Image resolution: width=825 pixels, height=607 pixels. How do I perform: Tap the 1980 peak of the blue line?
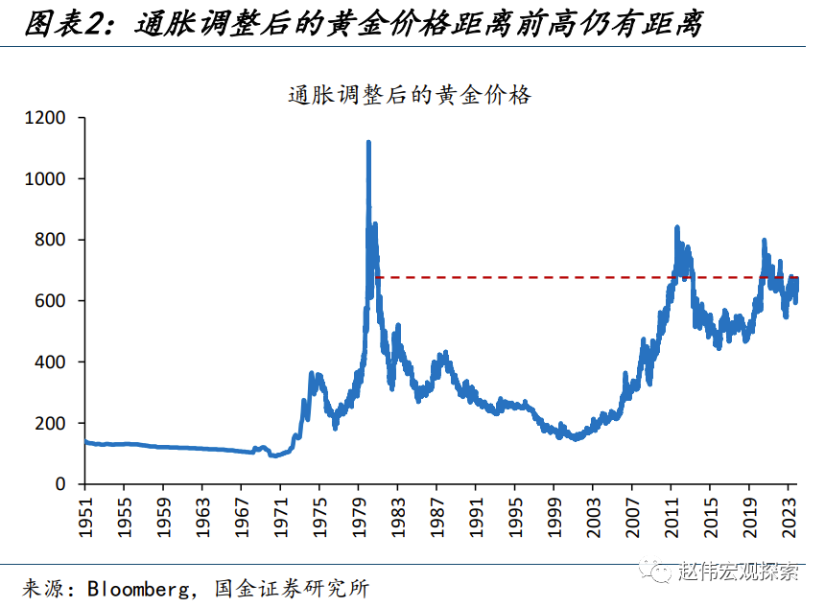[x=368, y=143]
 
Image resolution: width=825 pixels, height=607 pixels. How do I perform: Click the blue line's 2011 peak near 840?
[x=677, y=228]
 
